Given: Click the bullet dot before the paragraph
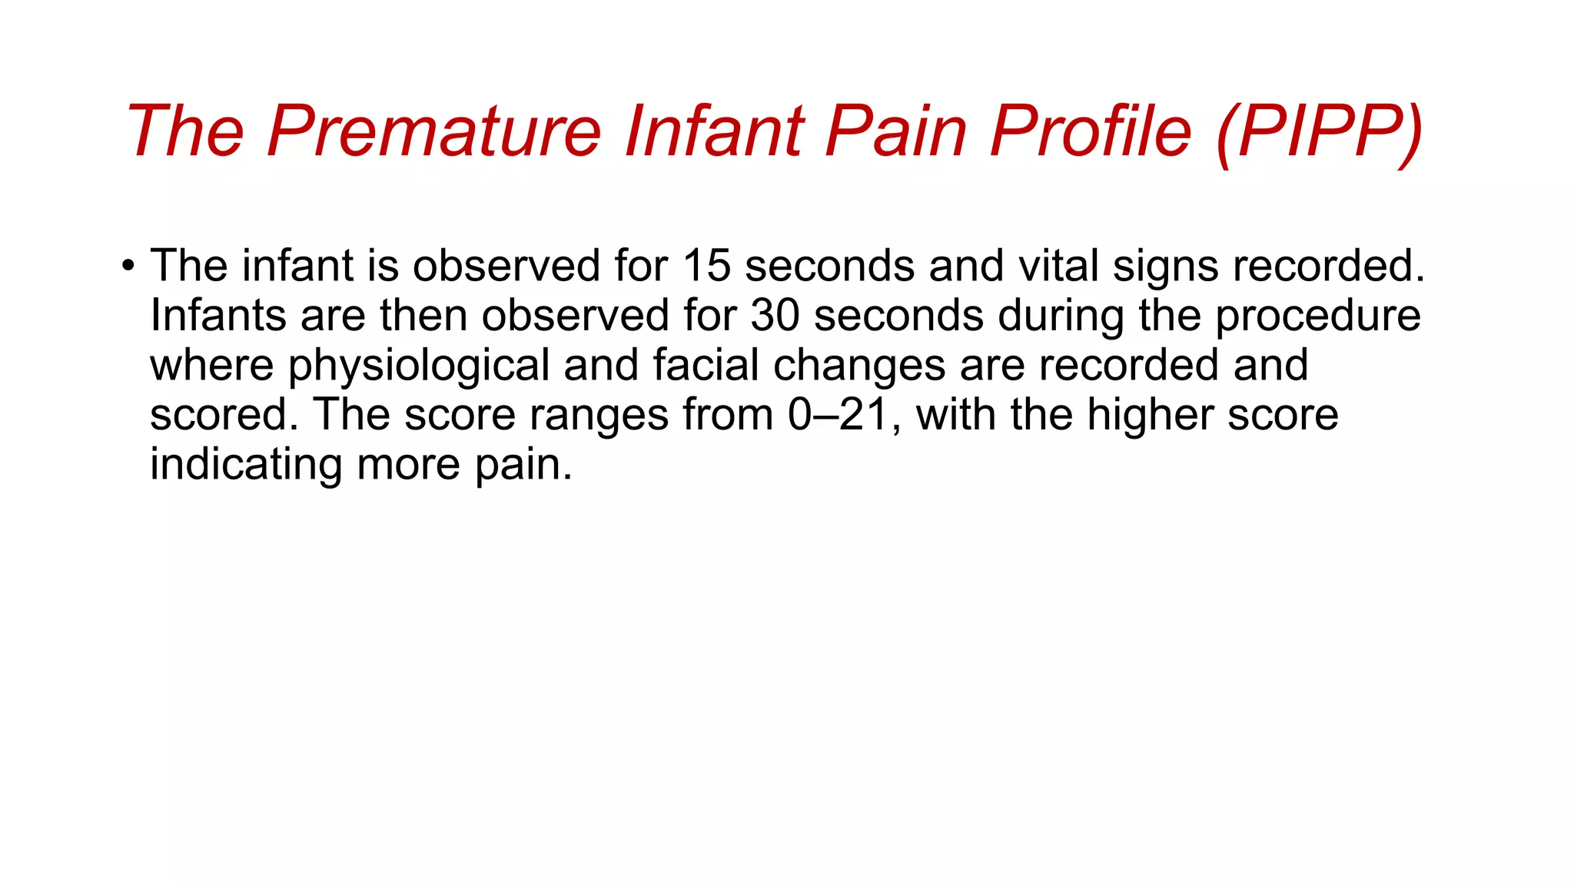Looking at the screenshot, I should pyautogui.click(x=128, y=267).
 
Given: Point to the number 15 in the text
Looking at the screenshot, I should pyautogui.click(x=706, y=265).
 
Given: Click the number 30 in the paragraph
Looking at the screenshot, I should pyautogui.click(x=775, y=315).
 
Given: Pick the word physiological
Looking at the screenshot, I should pyautogui.click(x=419, y=366).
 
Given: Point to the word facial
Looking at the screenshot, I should pyautogui.click(x=706, y=365).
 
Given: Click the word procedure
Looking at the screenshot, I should pyautogui.click(x=1317, y=316).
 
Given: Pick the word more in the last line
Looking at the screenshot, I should pyautogui.click(x=409, y=465).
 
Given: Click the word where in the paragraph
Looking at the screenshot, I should pyautogui.click(x=211, y=365).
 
